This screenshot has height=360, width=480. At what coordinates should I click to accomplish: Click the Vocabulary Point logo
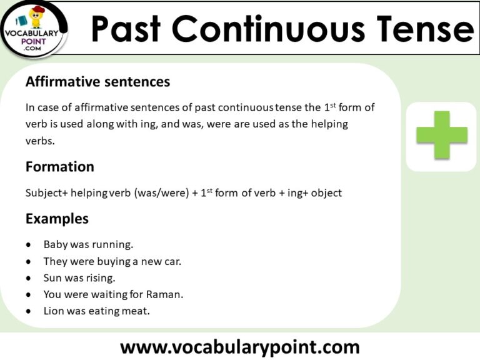point(34,28)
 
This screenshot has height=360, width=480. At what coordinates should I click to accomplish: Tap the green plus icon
point(442,135)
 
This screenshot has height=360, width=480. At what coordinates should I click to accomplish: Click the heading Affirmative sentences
point(97,82)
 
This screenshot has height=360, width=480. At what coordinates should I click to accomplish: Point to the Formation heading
point(60,167)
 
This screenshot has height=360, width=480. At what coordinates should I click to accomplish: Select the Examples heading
point(57,219)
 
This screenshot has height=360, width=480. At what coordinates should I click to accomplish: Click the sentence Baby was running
point(88,244)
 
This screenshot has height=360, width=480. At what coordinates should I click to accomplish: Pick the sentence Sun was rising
point(79,277)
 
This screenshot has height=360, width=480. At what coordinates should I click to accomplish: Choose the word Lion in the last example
point(54,310)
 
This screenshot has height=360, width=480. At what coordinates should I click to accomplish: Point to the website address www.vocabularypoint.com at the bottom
point(240,346)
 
